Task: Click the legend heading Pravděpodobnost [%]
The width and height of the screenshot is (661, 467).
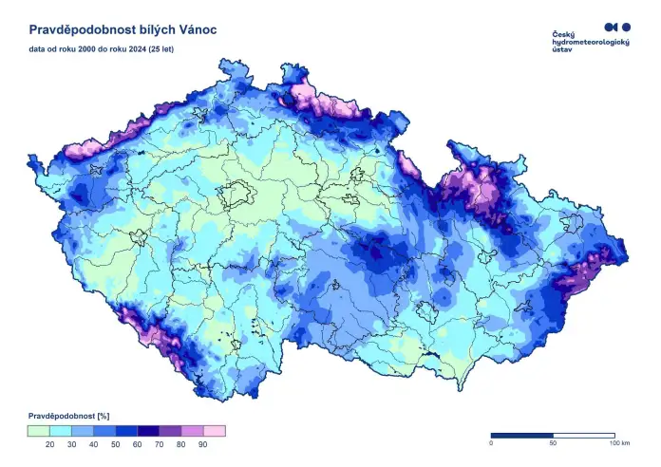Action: click(70, 417)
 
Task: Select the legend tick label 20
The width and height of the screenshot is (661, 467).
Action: click(49, 444)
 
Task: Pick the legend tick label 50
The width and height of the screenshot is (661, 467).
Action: click(115, 444)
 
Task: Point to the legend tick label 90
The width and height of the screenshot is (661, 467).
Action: click(203, 444)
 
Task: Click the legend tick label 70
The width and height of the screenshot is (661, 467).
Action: click(160, 444)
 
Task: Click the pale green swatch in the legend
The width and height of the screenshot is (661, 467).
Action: click(38, 431)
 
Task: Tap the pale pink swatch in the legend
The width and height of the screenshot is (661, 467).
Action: click(215, 431)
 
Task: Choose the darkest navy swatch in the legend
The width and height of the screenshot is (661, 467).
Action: click(148, 431)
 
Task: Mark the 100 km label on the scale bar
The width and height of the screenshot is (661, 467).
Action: click(619, 444)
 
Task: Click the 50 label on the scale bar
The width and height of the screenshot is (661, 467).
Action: click(552, 444)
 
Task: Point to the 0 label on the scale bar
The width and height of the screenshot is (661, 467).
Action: click(491, 444)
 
